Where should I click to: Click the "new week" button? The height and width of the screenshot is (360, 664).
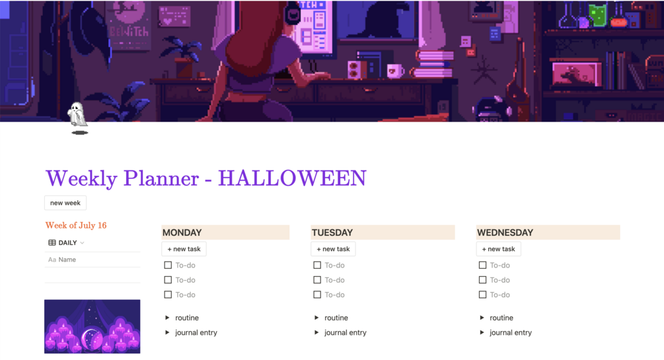[x=65, y=203]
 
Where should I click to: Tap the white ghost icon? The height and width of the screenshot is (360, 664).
[x=77, y=114]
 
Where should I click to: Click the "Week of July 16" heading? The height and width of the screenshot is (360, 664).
[x=76, y=225]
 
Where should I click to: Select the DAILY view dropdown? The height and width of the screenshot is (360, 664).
[x=67, y=242]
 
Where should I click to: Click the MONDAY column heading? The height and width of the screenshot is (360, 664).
[x=182, y=233]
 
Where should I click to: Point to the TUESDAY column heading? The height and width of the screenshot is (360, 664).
[x=332, y=233]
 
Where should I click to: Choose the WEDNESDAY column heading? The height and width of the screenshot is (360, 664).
[x=505, y=233]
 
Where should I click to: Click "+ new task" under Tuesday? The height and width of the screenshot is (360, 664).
[x=333, y=249]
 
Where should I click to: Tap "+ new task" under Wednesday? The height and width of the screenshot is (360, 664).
[x=498, y=249]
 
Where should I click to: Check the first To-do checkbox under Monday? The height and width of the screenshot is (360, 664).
[x=168, y=265]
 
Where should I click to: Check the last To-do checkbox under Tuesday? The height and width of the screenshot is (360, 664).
[x=317, y=295]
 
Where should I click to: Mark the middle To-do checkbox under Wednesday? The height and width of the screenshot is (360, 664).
[x=482, y=280]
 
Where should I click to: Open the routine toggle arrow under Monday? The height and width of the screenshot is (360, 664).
[x=167, y=318]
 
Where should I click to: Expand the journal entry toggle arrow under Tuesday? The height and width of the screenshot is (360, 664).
[x=316, y=332]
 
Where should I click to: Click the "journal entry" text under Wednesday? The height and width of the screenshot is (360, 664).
[x=511, y=332]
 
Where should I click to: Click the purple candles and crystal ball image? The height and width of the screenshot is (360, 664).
[x=92, y=326]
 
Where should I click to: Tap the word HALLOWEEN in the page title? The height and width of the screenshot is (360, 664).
[x=292, y=178]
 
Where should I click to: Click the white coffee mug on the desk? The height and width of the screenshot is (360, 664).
[x=395, y=71]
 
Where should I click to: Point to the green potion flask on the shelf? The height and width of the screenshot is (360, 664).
[x=597, y=15]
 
